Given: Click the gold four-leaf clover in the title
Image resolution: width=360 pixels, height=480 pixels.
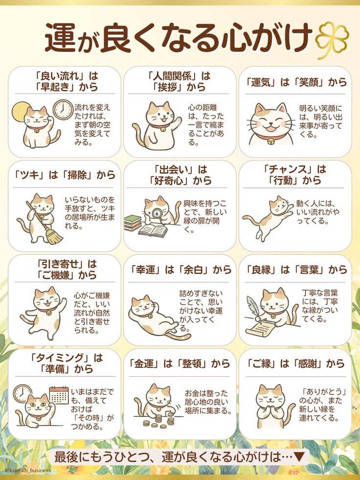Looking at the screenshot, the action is (332, 40).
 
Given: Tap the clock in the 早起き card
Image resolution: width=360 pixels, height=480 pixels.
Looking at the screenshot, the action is (64, 110).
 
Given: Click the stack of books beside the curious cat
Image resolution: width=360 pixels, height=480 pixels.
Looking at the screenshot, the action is (133, 223).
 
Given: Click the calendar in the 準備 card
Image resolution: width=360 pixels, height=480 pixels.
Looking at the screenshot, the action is (59, 395).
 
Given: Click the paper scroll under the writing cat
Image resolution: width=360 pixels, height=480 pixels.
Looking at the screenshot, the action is (260, 330).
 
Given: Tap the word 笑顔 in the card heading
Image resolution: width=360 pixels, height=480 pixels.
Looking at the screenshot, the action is (309, 82).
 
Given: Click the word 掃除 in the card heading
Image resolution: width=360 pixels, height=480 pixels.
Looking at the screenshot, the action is (77, 175).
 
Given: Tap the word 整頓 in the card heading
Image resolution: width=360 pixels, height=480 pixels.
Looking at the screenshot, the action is (193, 364).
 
